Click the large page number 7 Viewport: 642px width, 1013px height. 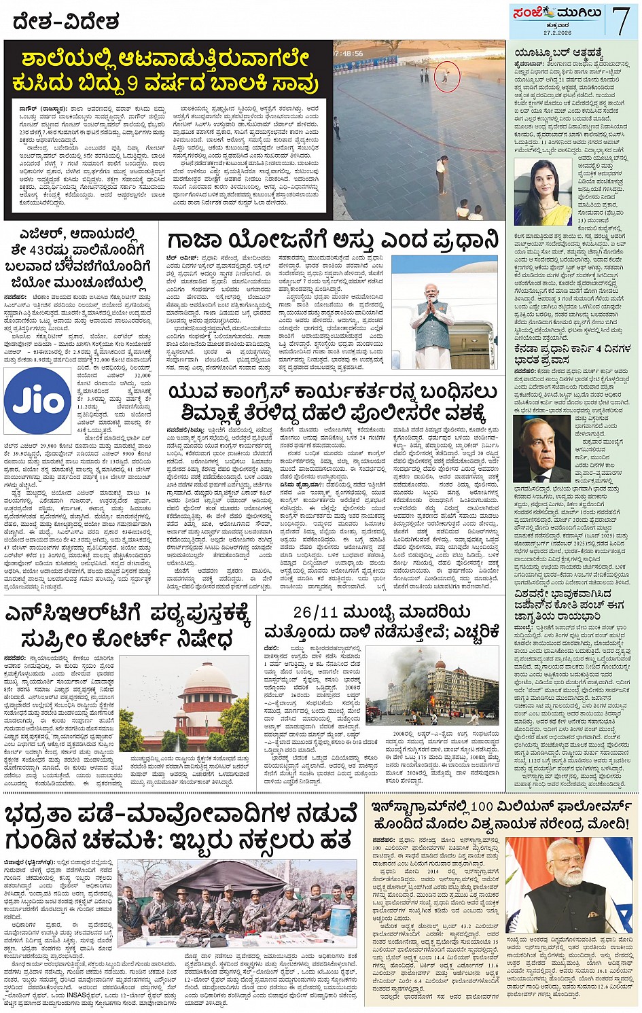point(621,20)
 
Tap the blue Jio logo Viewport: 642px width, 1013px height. point(38,402)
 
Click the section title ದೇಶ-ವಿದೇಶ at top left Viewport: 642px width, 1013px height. point(66,22)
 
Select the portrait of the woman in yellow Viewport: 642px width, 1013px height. point(543,193)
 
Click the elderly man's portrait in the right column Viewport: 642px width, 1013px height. point(541,449)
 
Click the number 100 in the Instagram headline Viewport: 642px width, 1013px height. point(481,806)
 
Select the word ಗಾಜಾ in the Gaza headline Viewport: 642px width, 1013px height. point(197,241)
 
